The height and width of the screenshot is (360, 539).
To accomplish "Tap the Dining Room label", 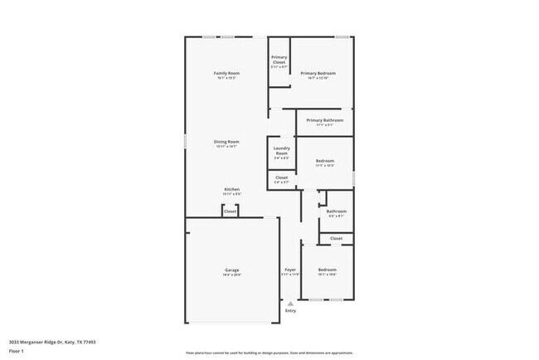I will pyautogui.click(x=226, y=142).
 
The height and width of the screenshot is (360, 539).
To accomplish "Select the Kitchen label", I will pyautogui.click(x=231, y=189).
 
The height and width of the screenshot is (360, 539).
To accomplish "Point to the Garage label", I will pyautogui.click(x=231, y=270).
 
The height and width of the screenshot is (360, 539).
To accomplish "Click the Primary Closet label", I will pyautogui.click(x=279, y=60).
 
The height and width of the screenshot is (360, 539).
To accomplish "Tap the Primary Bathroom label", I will pyautogui.click(x=324, y=121).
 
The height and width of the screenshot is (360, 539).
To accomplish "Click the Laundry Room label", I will pyautogui.click(x=281, y=152).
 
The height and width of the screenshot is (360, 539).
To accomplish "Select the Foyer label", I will pyautogui.click(x=290, y=270).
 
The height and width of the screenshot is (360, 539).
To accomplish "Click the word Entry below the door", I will pyautogui.click(x=290, y=311).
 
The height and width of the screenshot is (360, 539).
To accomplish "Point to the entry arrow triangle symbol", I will pyautogui.click(x=290, y=304).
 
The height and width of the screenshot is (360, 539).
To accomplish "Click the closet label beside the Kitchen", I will pyautogui.click(x=231, y=212).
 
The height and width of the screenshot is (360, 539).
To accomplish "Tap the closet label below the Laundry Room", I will pyautogui.click(x=282, y=177).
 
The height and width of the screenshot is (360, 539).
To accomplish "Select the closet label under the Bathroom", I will pyautogui.click(x=336, y=238).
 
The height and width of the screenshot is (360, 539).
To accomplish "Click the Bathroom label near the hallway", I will pyautogui.click(x=336, y=211).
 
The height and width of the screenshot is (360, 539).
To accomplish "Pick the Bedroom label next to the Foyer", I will pyautogui.click(x=327, y=270).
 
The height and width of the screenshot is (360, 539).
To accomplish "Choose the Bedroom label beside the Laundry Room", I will pyautogui.click(x=324, y=161).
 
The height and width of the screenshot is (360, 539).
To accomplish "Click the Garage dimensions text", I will pyautogui.click(x=231, y=275).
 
